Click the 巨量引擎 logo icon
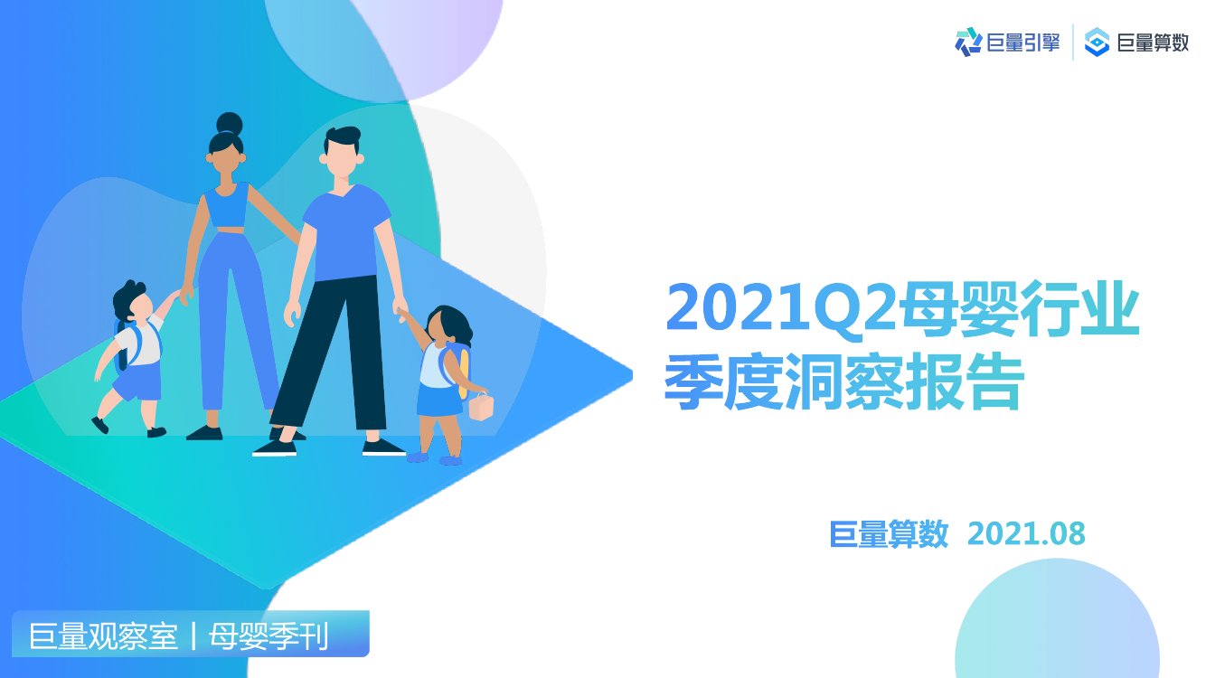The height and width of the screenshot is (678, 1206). click(x=968, y=42)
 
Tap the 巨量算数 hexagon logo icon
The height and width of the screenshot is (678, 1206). click(x=1097, y=42)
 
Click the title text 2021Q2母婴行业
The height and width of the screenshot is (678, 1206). click(x=901, y=308)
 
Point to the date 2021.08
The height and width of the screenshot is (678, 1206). click(x=1025, y=534)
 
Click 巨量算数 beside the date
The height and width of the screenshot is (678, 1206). click(x=889, y=534)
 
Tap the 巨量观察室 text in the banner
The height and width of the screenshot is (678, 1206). click(x=103, y=636)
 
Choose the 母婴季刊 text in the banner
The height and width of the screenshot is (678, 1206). click(x=269, y=636)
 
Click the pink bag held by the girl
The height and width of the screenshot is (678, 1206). click(x=479, y=407)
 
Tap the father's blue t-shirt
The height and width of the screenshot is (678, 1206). click(x=345, y=233)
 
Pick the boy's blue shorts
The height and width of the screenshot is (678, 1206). click(x=137, y=382)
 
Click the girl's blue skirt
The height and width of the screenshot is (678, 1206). click(x=439, y=400)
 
